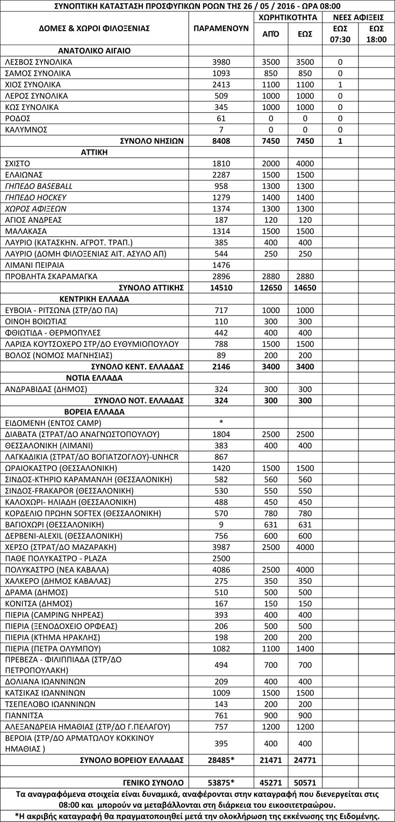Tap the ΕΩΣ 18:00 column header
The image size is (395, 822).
click(x=376, y=34)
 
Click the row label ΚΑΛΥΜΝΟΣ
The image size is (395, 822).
click(x=26, y=129)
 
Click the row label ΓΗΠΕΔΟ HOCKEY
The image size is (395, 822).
click(x=35, y=197)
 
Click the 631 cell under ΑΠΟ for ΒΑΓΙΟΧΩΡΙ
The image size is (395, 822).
click(x=270, y=524)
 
